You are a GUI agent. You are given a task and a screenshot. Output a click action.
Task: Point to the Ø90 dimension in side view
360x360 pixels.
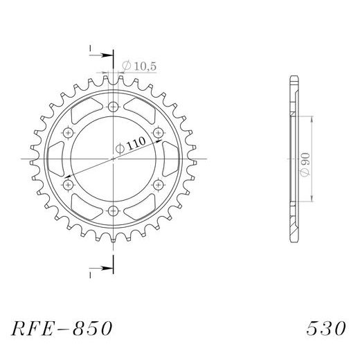(x=305, y=162)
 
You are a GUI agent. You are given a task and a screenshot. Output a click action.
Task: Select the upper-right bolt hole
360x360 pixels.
(x=159, y=132)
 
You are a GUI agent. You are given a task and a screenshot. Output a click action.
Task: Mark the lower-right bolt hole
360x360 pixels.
(x=159, y=185)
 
